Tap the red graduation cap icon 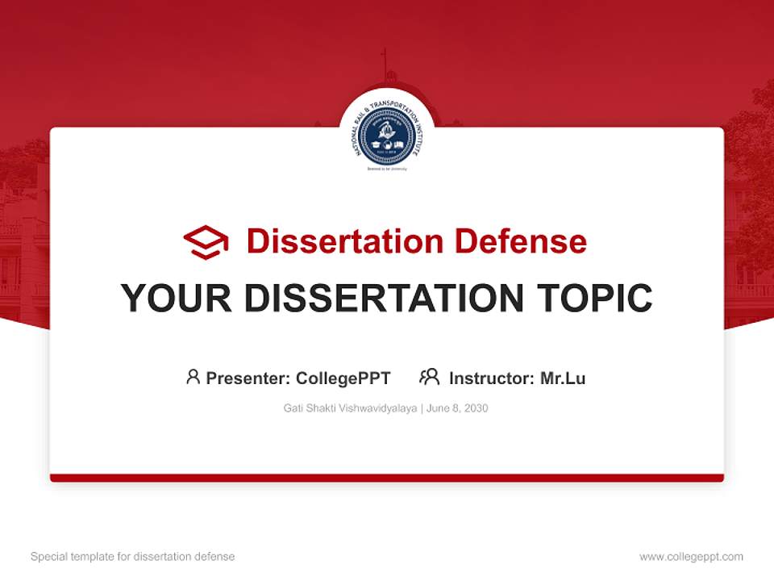(x=206, y=241)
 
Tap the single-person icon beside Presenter (x=193, y=377)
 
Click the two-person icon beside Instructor (x=429, y=377)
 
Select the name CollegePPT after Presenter (x=343, y=378)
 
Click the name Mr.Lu (x=563, y=378)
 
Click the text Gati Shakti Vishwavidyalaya (x=350, y=408)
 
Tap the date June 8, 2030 (x=457, y=408)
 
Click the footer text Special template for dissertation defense (x=133, y=557)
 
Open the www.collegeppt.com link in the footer (x=691, y=557)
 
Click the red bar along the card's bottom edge (x=387, y=478)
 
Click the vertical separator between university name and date (x=422, y=408)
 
